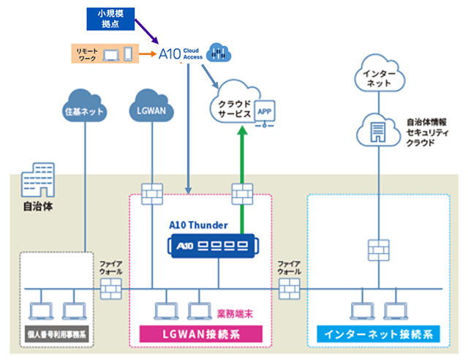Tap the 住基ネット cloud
coord(85,110)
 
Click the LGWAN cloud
coord(151,110)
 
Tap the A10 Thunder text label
coord(198,225)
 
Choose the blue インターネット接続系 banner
coord(377,334)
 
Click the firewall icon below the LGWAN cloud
coord(151,195)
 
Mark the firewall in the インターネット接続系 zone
coord(377,247)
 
